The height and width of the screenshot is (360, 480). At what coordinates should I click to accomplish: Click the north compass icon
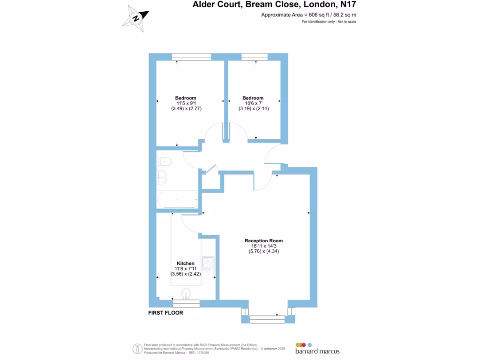point(136,18)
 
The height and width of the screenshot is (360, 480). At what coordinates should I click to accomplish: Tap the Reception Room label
point(263,241)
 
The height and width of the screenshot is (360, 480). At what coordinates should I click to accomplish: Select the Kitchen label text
point(186,263)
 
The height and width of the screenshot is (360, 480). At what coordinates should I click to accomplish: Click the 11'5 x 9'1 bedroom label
point(186,103)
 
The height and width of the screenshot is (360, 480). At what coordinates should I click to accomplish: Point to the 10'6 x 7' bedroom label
point(253,103)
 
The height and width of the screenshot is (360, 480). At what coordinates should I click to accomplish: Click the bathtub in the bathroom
point(177,200)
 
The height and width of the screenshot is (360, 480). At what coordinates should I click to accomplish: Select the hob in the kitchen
point(208,264)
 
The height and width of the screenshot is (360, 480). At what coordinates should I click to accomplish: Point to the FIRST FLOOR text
point(165,313)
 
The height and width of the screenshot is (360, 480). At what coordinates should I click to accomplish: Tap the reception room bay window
point(268,319)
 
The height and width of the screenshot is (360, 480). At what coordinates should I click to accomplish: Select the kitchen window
point(186,303)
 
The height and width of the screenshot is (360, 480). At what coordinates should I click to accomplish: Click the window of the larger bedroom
point(191,57)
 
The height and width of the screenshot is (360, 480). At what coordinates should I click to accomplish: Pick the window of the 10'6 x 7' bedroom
point(255,57)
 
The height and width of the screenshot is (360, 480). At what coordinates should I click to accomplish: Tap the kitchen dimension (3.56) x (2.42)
point(186,274)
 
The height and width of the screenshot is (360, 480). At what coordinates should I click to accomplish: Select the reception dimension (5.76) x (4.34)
point(263,251)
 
